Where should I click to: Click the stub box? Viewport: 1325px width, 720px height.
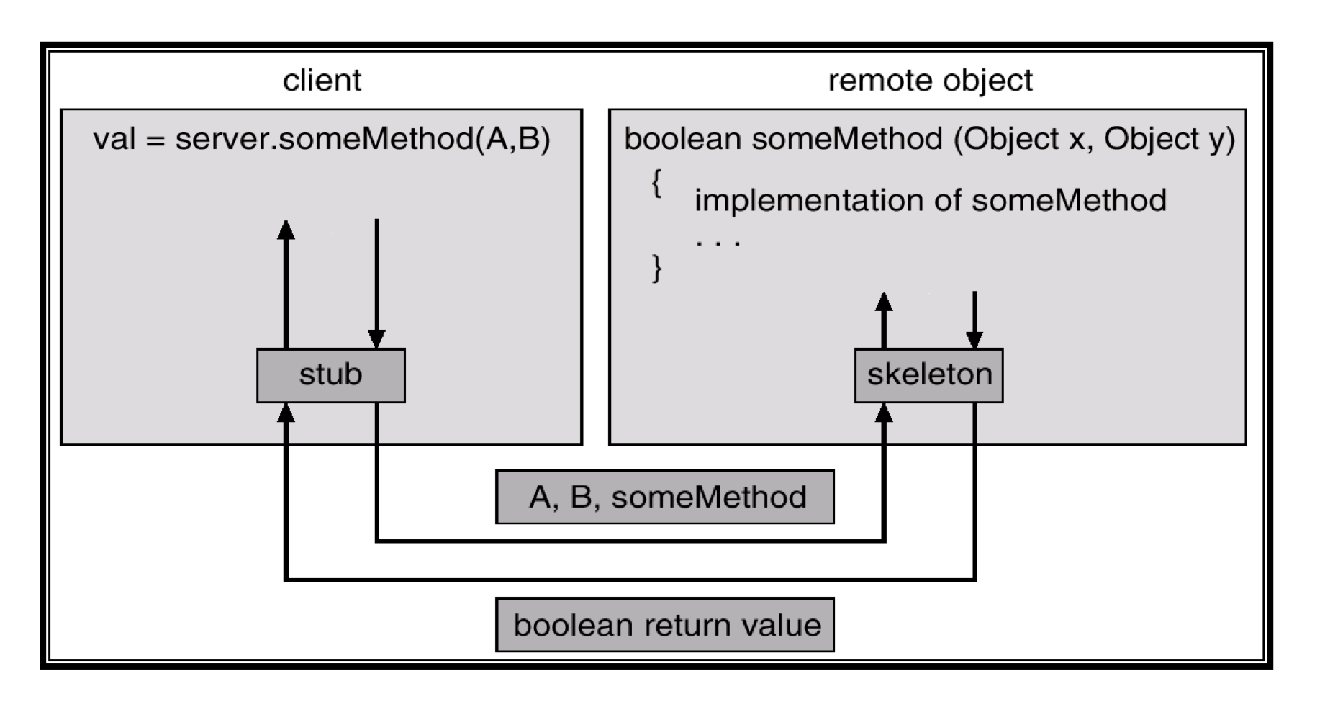point(330,375)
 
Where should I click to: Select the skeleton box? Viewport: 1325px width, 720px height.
point(928,375)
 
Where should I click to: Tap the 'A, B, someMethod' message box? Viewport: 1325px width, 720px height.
point(664,497)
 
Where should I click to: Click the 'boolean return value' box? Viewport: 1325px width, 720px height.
point(664,624)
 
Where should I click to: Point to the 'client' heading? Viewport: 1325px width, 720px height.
point(322,80)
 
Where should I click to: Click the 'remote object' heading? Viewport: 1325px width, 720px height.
point(930,80)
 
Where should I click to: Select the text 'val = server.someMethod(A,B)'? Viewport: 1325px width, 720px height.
point(322,138)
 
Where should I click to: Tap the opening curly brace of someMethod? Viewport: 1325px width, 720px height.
point(656,184)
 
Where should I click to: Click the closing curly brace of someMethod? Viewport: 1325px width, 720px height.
point(656,268)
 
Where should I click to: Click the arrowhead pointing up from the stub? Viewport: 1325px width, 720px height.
point(286,230)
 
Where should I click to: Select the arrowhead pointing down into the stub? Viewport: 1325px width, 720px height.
point(376,339)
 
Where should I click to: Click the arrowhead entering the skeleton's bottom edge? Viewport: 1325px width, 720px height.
point(884,413)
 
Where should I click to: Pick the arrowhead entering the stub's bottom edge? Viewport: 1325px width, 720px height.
point(286,413)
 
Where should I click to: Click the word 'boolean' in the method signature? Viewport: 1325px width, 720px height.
point(682,138)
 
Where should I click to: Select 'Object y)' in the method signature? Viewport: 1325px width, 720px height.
point(1169,138)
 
